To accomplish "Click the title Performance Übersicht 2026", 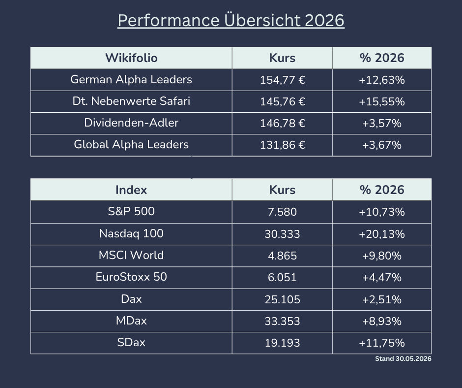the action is [231, 20].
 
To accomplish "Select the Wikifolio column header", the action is [131, 58].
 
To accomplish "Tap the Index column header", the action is [131, 190].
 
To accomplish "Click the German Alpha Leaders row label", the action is [131, 80].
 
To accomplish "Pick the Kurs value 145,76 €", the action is [282, 101].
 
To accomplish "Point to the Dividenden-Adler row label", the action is [131, 123].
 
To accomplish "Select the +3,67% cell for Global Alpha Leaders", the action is [381, 145].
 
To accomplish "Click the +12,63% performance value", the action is [381, 80].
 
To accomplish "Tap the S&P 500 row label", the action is [131, 211].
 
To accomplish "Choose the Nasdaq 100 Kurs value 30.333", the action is [282, 234].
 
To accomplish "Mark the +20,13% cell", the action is [381, 234].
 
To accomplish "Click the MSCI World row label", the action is [131, 255].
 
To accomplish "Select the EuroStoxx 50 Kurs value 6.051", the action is [282, 277].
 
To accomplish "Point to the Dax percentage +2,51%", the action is [381, 299].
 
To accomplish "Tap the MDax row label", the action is [131, 321].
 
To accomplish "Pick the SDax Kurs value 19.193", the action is [282, 343].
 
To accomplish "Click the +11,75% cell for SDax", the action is [381, 343].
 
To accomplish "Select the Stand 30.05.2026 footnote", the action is [403, 359].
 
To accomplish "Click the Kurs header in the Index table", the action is [282, 190].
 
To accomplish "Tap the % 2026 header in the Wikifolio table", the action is [382, 58].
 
